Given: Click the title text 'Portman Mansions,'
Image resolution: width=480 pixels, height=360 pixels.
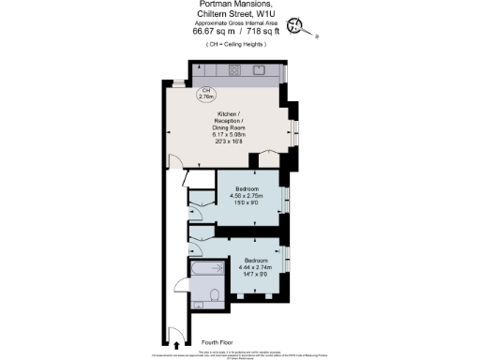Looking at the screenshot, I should (x=230, y=6).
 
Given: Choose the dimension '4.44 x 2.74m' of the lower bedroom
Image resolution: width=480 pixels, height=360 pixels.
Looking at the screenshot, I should (x=258, y=265).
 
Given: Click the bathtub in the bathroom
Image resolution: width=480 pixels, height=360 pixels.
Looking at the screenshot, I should (x=206, y=273).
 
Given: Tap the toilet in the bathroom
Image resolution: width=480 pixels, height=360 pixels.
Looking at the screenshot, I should (x=214, y=296).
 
